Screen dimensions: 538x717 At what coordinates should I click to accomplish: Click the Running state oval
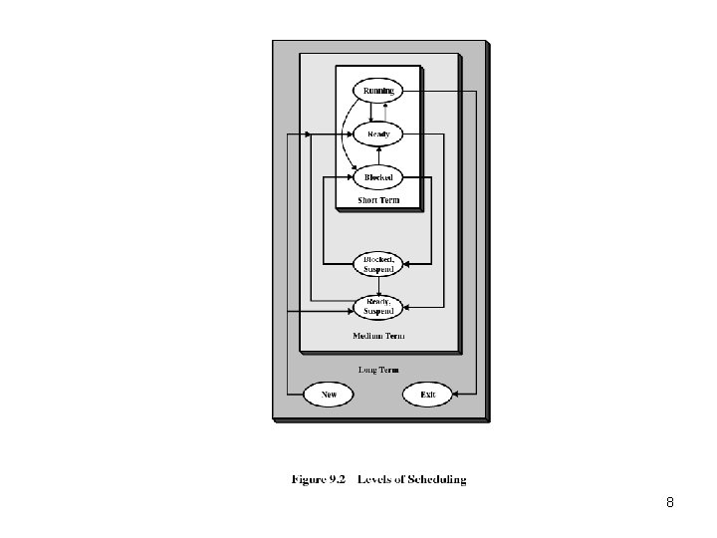(377, 91)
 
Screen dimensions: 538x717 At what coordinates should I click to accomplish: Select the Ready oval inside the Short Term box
(377, 134)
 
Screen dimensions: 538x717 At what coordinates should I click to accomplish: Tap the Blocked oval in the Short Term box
(377, 177)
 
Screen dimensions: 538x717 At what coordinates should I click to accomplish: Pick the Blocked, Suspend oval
(377, 264)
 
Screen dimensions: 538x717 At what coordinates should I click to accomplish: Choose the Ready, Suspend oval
(377, 305)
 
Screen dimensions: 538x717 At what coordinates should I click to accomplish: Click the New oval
(329, 395)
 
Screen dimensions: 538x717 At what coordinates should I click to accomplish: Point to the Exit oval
(427, 395)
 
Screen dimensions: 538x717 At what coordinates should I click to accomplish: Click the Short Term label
(377, 200)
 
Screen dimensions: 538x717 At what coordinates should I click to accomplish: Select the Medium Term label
(377, 336)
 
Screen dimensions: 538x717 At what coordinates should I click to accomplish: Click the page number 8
(669, 503)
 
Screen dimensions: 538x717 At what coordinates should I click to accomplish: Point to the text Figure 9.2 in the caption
(318, 479)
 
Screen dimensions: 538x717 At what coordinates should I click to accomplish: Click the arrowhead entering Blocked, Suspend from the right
(406, 264)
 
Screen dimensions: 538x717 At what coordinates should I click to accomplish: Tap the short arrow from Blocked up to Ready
(377, 155)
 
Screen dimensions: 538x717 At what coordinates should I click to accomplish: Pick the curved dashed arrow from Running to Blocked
(345, 134)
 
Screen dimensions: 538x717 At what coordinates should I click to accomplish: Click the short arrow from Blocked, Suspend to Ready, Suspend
(377, 285)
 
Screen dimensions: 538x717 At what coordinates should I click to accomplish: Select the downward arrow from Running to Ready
(370, 112)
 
